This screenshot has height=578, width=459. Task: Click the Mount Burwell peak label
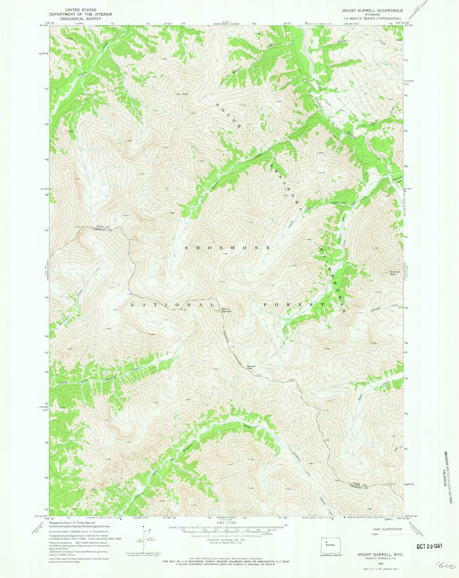(x=226, y=310)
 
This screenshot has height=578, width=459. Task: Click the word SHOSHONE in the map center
(x=228, y=248)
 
